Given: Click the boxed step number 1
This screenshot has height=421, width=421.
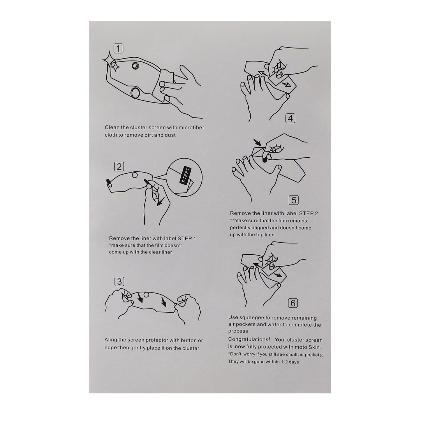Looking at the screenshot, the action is pos(118,48).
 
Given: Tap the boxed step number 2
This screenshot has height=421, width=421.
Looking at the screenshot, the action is pos(119,167).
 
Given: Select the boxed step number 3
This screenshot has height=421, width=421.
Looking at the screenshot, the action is pos(119,281).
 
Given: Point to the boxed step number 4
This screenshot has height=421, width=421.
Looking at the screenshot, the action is pos(290,118).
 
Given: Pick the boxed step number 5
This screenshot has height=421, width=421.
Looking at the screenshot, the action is pos(294,200).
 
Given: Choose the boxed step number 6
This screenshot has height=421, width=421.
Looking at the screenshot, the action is pos(293,303).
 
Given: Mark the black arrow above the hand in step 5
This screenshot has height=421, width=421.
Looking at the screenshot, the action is pos(257,142).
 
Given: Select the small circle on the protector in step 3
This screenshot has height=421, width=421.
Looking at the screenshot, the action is pos(146,295).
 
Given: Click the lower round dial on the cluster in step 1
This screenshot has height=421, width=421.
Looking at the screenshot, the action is pos(136,93).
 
